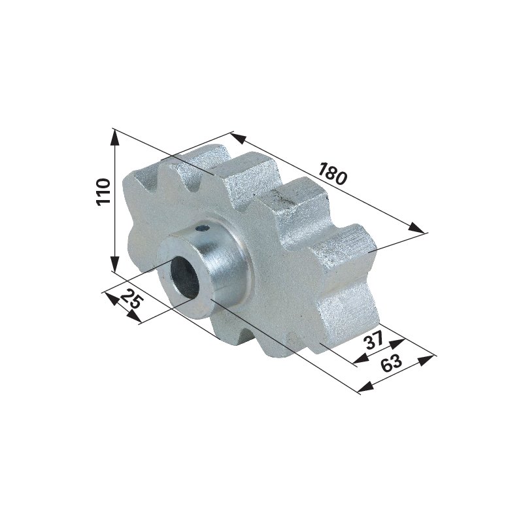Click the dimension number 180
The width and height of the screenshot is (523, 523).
point(331,174)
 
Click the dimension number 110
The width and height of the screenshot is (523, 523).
point(103,192)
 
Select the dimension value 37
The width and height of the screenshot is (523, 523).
point(374,340)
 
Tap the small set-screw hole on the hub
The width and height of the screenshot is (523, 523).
point(202,228)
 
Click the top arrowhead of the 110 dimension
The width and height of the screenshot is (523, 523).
point(114,137)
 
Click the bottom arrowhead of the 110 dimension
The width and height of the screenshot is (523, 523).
point(114,264)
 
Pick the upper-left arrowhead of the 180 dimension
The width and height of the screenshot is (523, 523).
point(238,137)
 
